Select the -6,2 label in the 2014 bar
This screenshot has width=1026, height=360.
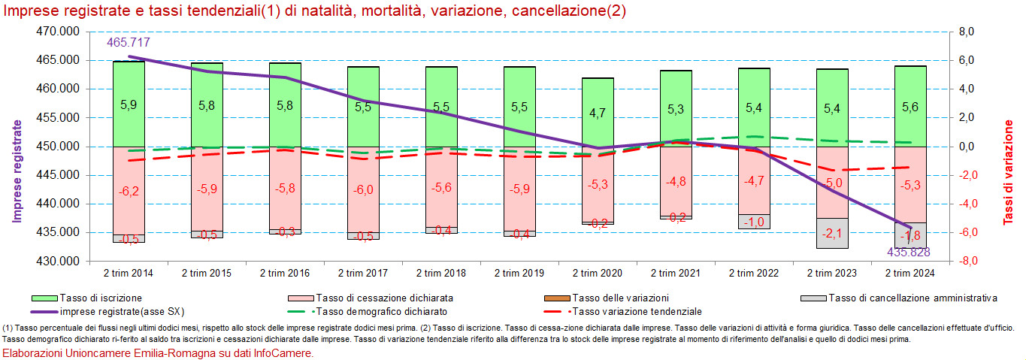[x=129, y=192]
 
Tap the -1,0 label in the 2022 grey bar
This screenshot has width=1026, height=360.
[x=754, y=222]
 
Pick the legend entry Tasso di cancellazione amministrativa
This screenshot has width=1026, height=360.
[x=913, y=298]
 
